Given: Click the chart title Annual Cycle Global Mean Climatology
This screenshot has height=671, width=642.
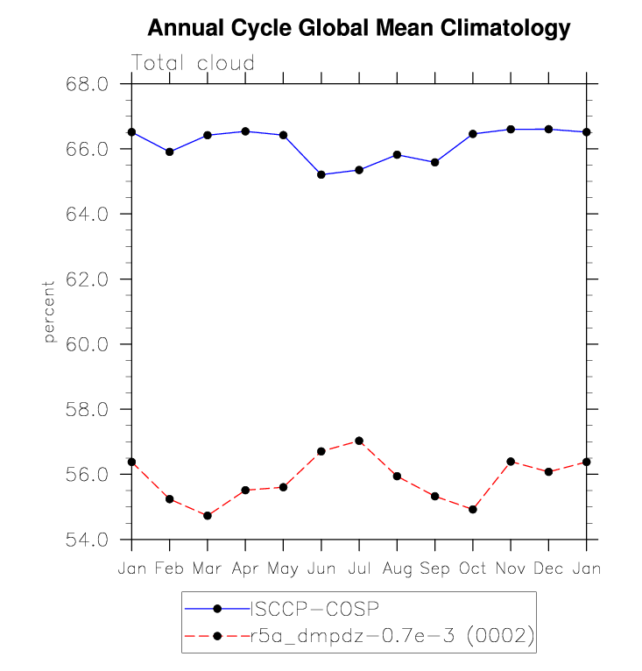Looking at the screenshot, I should pos(358,29).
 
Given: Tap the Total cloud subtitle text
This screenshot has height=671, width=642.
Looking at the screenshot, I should pos(193,63).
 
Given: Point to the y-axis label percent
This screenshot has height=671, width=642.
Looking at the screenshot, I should pos(49,312).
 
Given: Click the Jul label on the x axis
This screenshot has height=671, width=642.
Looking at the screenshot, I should pos(359,569).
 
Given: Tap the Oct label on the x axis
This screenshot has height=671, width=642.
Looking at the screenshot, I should pos(473,569).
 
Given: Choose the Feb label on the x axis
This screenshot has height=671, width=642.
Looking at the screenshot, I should pos(169,569).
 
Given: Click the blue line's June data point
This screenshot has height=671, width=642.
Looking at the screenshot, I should pos(321,174).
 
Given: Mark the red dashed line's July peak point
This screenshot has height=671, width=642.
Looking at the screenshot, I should pos(359,441).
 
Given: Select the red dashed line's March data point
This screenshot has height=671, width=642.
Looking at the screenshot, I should pos(208,516).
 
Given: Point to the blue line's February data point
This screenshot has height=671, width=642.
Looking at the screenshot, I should pos(170,152).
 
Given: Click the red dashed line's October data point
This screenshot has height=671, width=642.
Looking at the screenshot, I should pos(473,509).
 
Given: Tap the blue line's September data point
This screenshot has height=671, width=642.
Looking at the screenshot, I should pos(434,162).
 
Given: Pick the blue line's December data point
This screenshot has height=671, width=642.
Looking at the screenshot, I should pos(548,129).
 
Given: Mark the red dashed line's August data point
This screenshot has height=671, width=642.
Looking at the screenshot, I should pos(397,477).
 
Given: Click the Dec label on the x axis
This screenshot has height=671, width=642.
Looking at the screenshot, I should pos(548,569).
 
